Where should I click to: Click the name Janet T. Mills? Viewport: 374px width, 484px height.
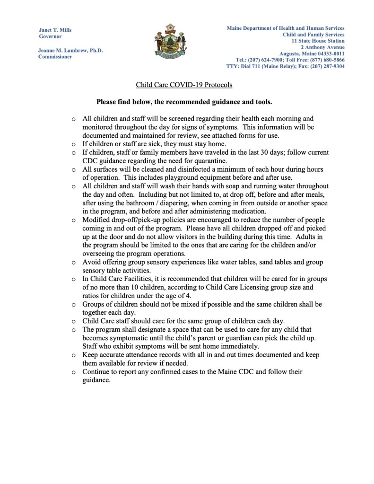point(55,30)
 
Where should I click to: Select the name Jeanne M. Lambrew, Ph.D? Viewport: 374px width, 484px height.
point(70,50)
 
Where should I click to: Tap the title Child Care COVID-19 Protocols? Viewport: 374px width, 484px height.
point(184,85)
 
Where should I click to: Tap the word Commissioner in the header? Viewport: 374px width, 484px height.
point(55,56)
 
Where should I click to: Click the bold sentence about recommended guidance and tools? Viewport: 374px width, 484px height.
point(184,102)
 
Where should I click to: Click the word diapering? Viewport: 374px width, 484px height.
point(163,202)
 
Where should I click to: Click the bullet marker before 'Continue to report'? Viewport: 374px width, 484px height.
point(73,372)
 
